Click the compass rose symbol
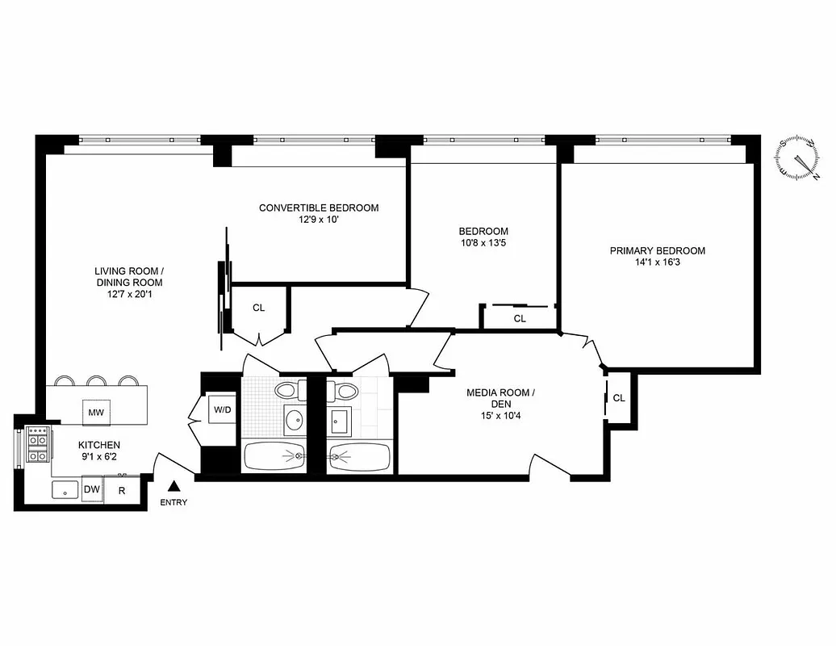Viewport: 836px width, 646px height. click(x=799, y=158)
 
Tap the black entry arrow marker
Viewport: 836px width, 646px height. click(x=173, y=486)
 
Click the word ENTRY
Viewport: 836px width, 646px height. click(x=173, y=502)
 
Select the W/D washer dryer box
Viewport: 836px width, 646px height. click(x=222, y=409)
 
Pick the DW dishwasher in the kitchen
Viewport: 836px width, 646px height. click(x=92, y=489)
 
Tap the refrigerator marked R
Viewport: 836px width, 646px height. click(x=122, y=489)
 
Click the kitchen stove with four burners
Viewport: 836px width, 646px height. click(x=37, y=444)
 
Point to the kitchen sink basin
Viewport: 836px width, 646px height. click(x=65, y=490)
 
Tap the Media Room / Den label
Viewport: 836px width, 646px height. click(x=500, y=398)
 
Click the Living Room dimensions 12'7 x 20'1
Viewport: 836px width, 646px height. click(x=128, y=295)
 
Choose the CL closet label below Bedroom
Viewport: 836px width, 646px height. click(x=520, y=318)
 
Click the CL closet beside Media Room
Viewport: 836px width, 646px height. click(x=619, y=397)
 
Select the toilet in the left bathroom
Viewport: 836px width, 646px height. click(x=286, y=391)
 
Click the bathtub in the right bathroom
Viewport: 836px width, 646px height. click(x=360, y=457)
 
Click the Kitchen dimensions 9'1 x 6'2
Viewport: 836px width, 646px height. click(x=99, y=456)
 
